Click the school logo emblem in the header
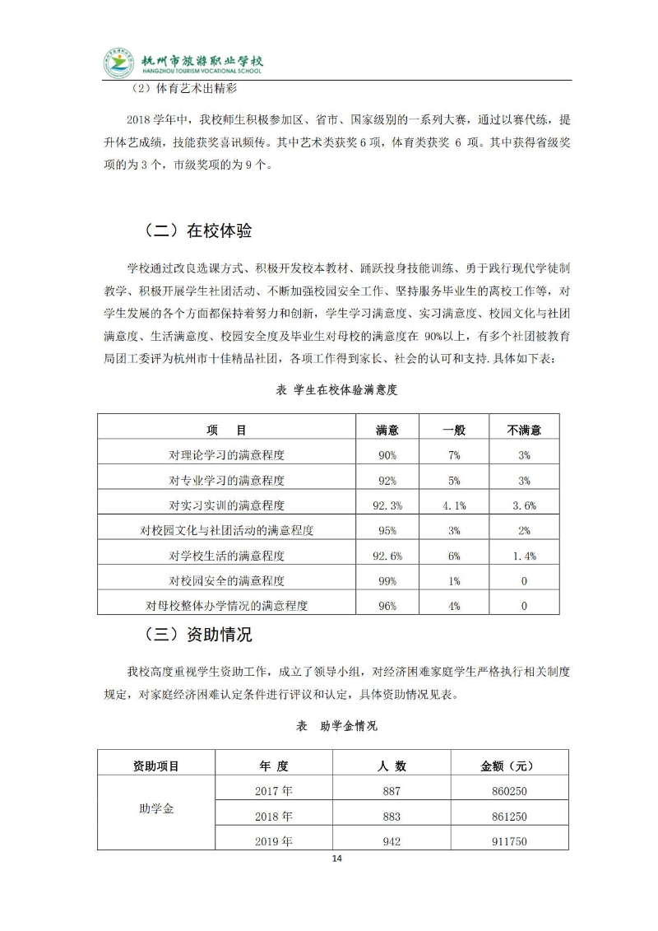(x=118, y=63)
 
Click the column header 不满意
(x=525, y=430)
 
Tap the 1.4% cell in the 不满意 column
(x=525, y=556)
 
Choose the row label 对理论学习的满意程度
(x=227, y=454)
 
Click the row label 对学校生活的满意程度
(x=227, y=556)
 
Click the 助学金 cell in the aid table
(x=155, y=808)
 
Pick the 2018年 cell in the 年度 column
(x=274, y=817)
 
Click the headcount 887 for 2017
(x=392, y=791)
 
